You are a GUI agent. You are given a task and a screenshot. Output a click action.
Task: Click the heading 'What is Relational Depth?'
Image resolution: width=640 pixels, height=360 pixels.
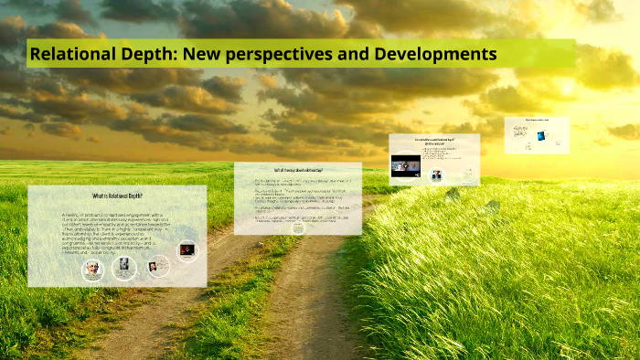coord(117,197)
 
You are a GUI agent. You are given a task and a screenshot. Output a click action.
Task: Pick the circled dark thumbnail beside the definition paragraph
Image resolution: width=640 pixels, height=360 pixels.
coord(187,250)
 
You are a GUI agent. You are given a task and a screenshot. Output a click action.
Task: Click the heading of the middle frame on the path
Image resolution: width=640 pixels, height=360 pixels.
coord(298,171)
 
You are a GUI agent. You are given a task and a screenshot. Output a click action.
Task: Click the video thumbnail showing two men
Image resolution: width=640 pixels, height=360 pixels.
coord(405,165)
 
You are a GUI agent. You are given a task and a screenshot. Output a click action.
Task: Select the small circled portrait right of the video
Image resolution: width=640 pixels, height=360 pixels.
coord(437,175)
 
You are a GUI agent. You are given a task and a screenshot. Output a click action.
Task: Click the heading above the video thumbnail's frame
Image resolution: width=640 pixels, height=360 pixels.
coord(434,141)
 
